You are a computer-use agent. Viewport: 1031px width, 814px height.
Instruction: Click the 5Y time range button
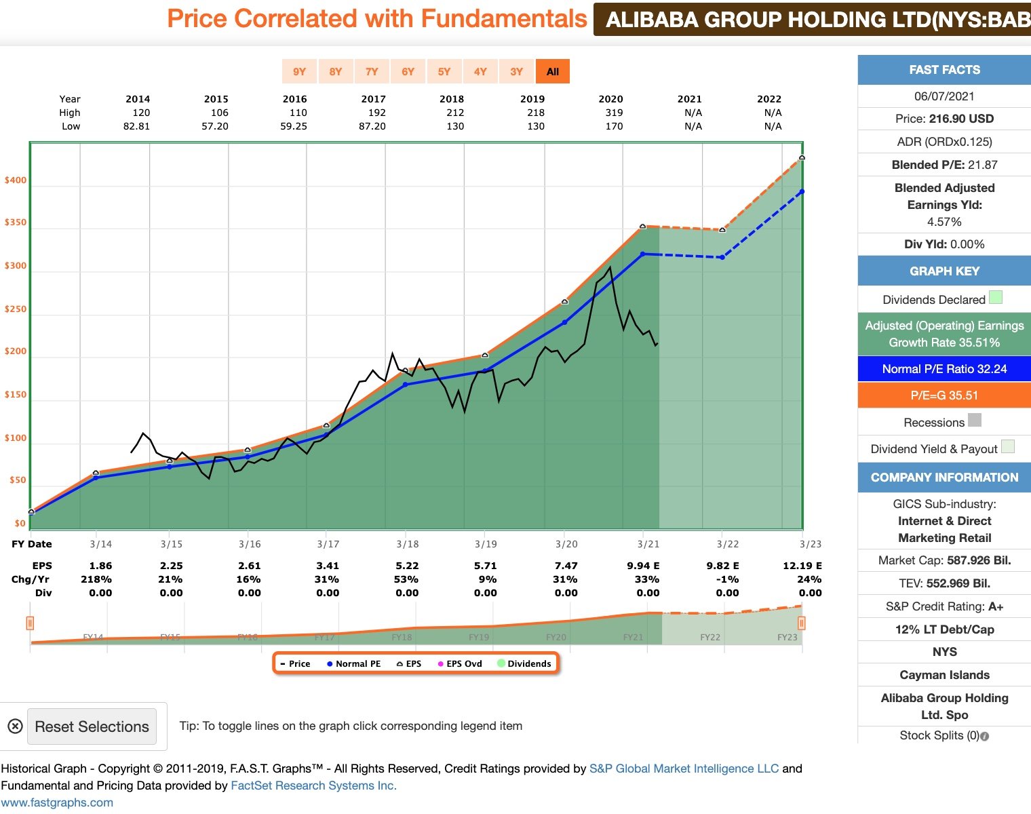444,71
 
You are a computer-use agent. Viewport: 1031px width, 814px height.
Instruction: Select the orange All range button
552,71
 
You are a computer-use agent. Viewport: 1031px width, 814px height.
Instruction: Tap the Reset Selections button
92,726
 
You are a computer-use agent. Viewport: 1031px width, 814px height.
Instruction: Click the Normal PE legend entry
354,663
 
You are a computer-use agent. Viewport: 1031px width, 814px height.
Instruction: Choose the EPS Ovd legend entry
460,663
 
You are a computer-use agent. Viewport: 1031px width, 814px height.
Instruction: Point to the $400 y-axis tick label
16,180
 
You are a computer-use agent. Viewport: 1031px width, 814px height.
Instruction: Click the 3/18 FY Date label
408,544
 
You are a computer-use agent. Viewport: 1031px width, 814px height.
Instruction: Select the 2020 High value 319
614,113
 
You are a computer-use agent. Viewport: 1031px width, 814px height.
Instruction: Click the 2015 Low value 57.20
215,126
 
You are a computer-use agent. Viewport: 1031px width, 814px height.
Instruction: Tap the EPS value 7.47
566,566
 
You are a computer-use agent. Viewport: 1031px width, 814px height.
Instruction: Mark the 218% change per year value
96,579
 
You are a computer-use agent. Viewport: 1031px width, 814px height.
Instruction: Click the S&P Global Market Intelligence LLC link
684,769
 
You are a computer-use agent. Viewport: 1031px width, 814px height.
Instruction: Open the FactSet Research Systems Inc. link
313,786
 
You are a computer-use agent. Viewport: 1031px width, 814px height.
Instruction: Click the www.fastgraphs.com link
57,802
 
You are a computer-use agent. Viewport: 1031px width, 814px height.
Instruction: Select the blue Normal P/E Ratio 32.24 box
944,369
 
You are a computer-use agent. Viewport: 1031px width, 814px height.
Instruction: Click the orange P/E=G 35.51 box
944,395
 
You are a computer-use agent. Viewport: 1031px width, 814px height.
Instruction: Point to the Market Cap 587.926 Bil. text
944,560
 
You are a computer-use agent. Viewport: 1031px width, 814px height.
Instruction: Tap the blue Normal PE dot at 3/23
802,192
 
